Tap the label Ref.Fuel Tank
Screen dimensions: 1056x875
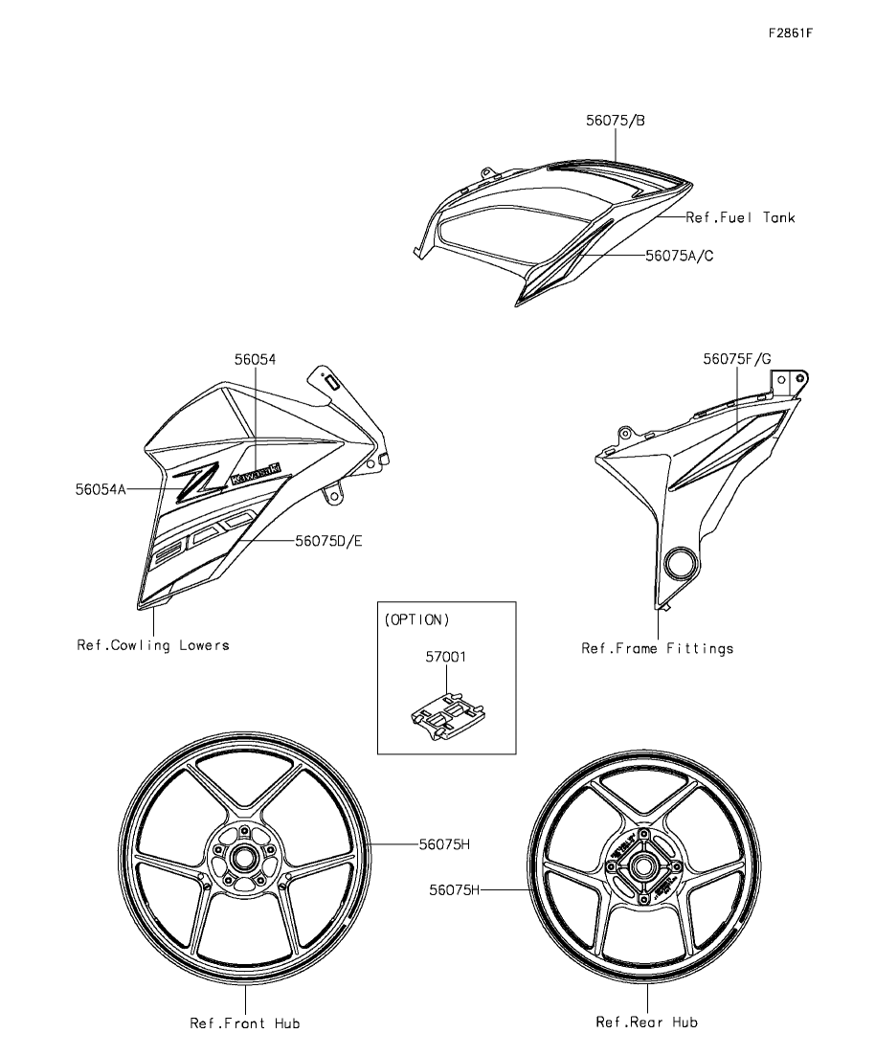(x=740, y=217)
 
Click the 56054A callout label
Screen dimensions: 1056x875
(x=101, y=488)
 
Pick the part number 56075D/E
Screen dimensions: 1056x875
(x=328, y=541)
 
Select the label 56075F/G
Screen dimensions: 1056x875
(x=737, y=359)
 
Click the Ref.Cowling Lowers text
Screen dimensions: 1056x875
(x=153, y=645)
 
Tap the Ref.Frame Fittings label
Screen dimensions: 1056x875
(x=658, y=648)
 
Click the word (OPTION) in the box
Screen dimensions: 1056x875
(x=416, y=619)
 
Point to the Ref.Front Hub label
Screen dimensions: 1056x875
(x=244, y=1023)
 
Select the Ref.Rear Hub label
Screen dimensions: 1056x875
(x=646, y=1022)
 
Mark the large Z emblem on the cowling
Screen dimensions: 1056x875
(x=197, y=483)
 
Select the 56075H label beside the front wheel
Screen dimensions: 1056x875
(x=443, y=844)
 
